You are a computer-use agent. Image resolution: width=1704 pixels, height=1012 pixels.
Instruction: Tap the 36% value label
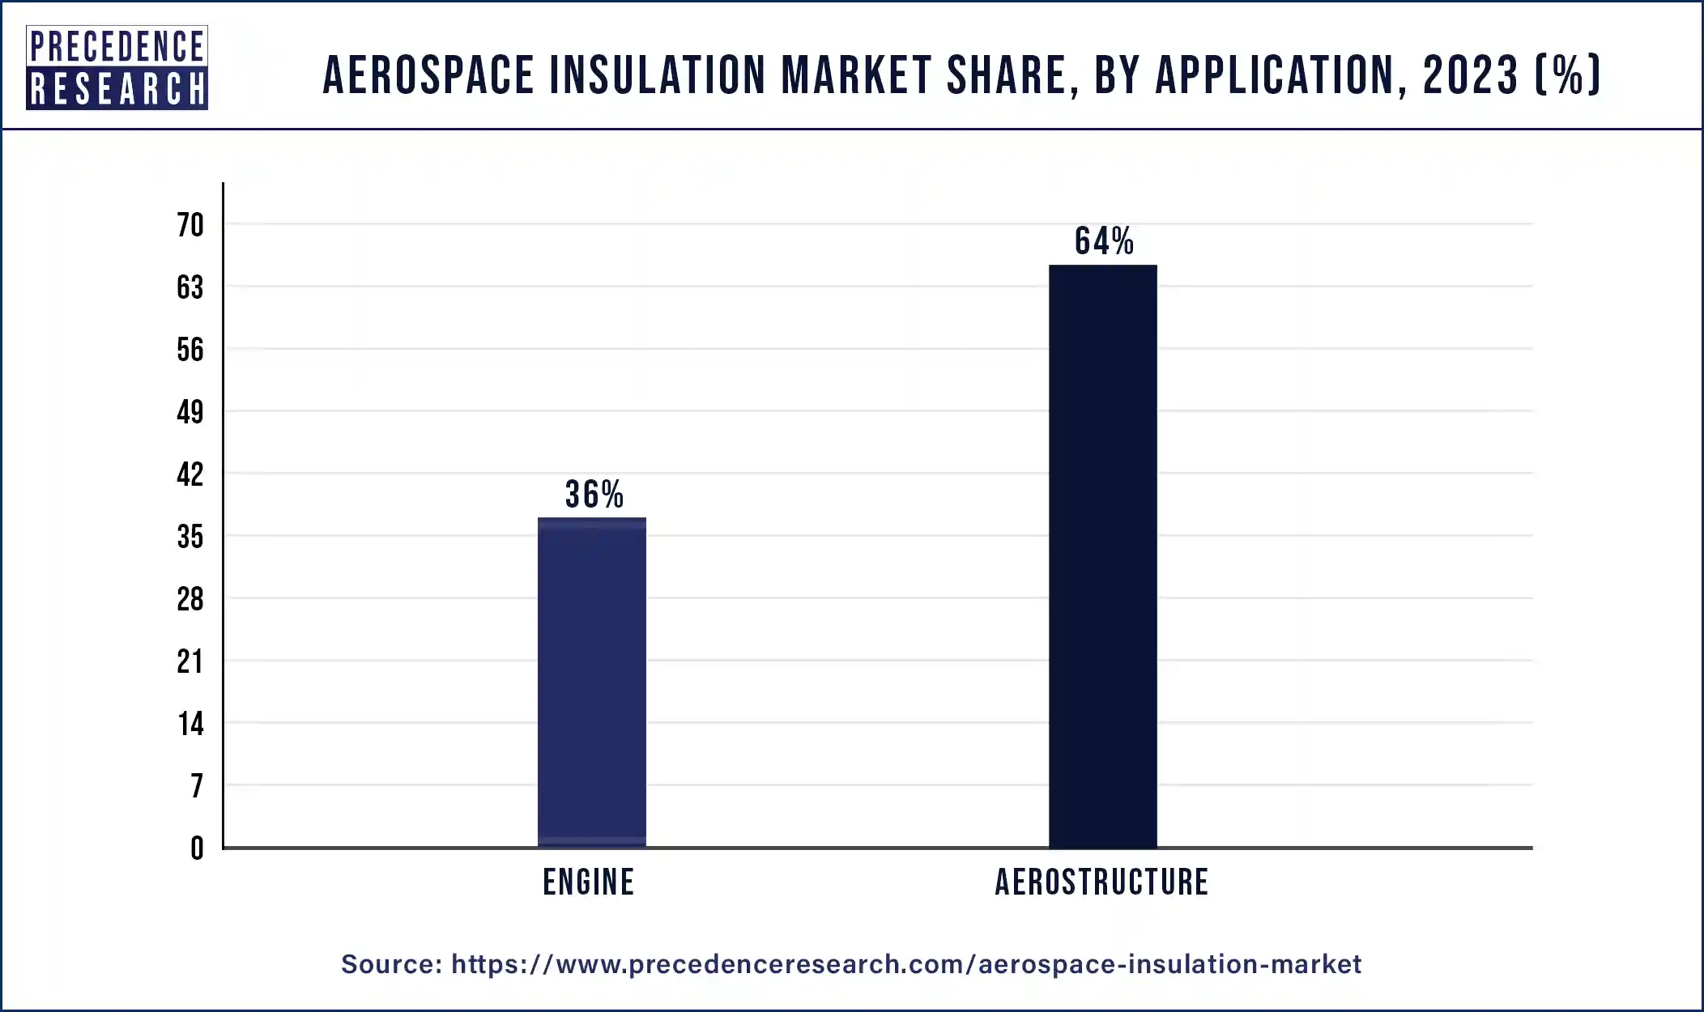594,495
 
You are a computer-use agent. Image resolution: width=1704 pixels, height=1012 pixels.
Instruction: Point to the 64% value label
1104,241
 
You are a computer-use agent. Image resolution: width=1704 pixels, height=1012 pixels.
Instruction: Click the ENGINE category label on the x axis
589,882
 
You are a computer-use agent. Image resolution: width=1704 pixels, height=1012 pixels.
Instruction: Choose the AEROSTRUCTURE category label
1101,882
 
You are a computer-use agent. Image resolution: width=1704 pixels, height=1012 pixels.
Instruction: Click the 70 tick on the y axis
190,225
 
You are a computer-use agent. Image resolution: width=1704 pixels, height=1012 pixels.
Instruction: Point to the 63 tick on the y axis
190,287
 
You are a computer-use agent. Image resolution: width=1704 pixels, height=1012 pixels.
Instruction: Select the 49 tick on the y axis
190,412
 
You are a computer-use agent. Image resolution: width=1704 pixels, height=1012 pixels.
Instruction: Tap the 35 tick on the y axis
190,537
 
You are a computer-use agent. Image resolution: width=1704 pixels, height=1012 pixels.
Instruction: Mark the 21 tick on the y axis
190,661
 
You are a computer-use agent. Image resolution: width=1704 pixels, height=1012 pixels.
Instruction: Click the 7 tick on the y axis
196,786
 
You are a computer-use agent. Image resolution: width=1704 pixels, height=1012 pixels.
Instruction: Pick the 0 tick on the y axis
197,848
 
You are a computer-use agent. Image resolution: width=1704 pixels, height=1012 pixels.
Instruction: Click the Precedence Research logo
117,67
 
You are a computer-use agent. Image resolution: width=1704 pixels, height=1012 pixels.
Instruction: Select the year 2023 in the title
1470,75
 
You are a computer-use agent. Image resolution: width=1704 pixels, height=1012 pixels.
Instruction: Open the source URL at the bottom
905,964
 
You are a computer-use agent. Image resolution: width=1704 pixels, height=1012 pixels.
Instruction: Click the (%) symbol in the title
1568,75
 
